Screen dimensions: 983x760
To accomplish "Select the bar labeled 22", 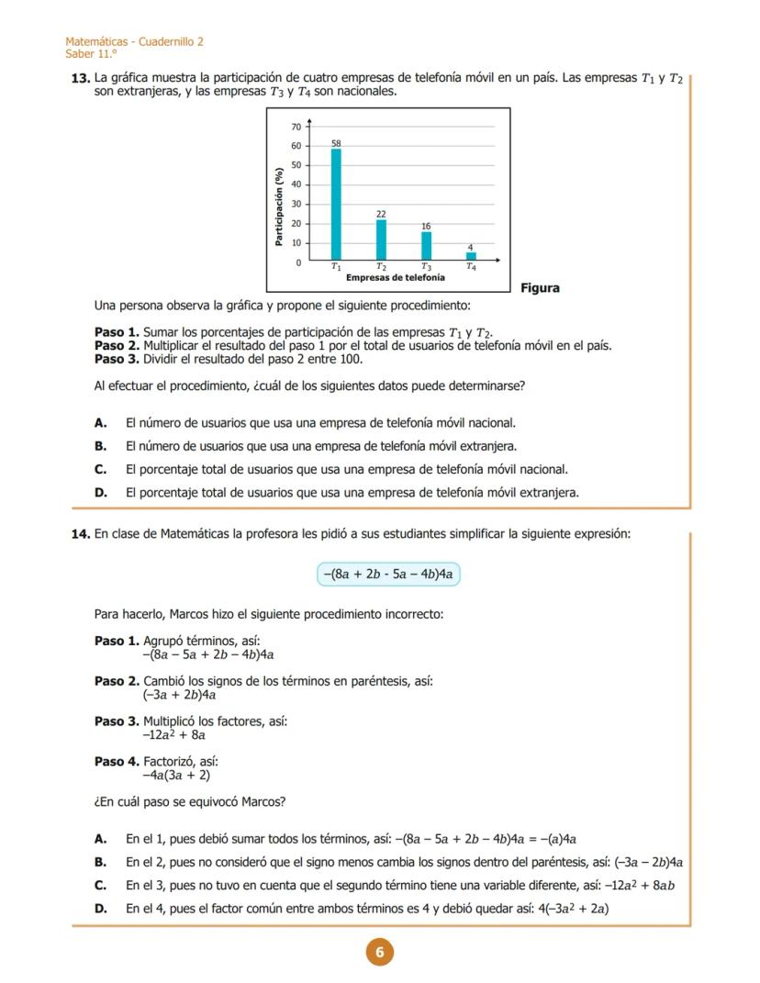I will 381,240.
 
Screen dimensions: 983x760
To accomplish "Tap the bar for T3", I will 426,246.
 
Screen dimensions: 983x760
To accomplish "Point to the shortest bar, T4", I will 471,257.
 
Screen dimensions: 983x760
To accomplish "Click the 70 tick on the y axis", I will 296,126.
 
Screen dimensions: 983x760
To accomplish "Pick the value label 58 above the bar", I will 336,143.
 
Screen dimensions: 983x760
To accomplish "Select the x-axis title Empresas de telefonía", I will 396,277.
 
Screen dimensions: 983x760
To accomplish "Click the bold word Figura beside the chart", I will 540,288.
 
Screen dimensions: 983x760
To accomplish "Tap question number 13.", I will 81,79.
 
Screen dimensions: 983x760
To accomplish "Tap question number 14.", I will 81,534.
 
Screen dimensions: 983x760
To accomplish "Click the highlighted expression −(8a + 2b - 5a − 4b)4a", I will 387,575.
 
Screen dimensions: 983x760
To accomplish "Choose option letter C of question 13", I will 101,469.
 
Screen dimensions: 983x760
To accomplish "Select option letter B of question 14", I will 101,863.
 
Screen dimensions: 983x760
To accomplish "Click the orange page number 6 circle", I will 379,953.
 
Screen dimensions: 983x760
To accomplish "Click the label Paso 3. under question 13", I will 117,359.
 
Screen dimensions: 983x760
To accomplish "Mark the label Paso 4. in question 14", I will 117,762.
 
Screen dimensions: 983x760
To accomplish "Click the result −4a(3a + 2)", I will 176,776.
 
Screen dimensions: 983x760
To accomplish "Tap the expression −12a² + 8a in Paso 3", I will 173,735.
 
